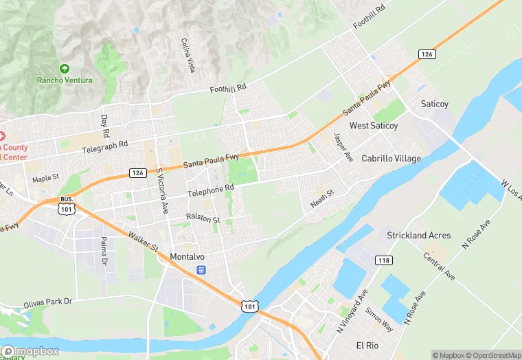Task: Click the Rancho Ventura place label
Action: [x=65, y=81]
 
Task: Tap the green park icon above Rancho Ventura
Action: [x=65, y=68]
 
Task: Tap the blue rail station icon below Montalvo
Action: [x=201, y=270]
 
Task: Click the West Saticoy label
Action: [x=373, y=126]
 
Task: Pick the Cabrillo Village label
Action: [x=391, y=158]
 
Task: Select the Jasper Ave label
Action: [x=343, y=147]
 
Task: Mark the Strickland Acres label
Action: [x=418, y=235]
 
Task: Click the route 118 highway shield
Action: [x=383, y=259]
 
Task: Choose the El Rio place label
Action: [x=367, y=344]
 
